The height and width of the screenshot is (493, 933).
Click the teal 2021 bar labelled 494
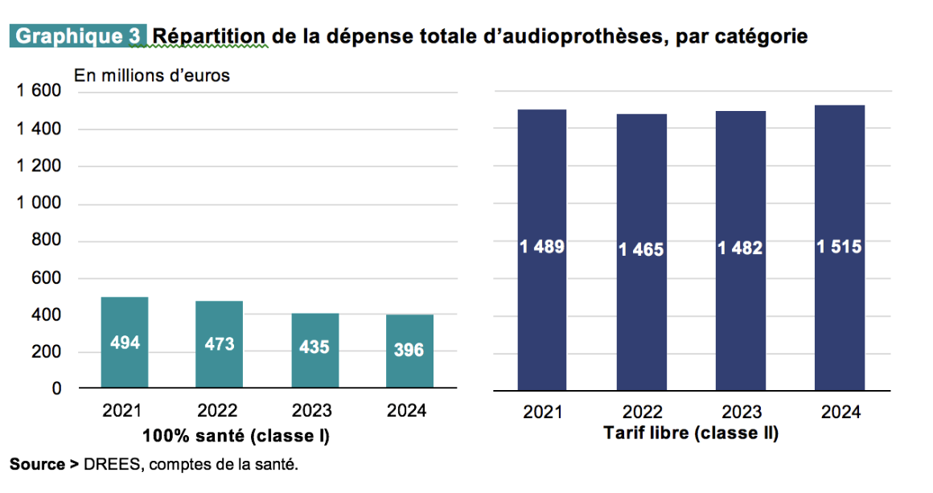click(125, 343)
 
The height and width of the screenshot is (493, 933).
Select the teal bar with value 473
click(219, 345)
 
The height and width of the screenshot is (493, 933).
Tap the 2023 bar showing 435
click(314, 351)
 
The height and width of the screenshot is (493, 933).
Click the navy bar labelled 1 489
click(542, 249)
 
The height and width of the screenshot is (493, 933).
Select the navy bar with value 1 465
click(641, 252)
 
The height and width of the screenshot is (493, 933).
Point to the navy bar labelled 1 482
click(740, 250)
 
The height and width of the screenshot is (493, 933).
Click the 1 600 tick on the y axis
click(39, 92)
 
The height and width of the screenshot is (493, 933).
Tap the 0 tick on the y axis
click(57, 389)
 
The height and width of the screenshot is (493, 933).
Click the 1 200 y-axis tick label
click(39, 166)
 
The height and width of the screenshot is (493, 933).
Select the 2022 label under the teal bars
click(217, 411)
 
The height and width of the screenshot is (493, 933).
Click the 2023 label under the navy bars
click(742, 413)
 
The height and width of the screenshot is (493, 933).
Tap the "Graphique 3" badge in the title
click(78, 36)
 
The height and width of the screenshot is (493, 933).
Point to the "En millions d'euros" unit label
click(152, 76)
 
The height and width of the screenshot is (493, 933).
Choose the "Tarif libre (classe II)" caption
click(691, 433)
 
